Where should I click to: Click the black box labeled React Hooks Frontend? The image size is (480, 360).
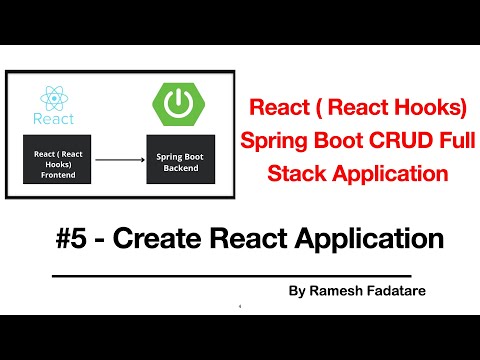click(58, 157)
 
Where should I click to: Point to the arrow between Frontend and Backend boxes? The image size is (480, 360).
click(118, 157)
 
